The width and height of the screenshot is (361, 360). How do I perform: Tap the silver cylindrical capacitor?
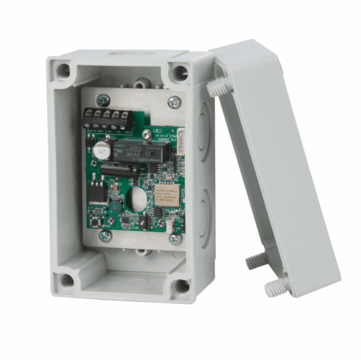[x=99, y=152]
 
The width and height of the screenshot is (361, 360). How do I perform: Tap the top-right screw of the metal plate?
[x=174, y=102]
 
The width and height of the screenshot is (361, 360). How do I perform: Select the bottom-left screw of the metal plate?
[x=105, y=236]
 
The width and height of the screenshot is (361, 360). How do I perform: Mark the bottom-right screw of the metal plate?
[x=174, y=238]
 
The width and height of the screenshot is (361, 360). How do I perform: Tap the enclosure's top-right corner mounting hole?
[x=180, y=72]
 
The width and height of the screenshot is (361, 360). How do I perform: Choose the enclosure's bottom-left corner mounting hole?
[x=67, y=280]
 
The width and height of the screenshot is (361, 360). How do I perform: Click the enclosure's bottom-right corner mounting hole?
[x=179, y=285]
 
